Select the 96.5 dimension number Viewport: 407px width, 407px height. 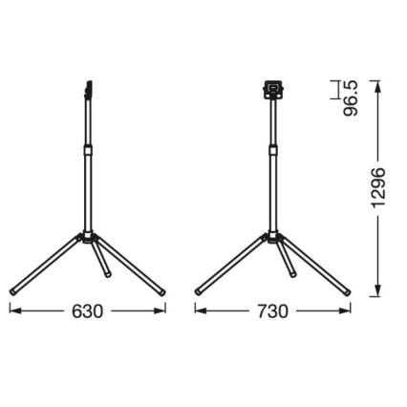click(x=353, y=96)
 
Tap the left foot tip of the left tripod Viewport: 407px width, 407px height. click(x=14, y=289)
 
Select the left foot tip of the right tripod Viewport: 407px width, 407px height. click(x=199, y=289)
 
